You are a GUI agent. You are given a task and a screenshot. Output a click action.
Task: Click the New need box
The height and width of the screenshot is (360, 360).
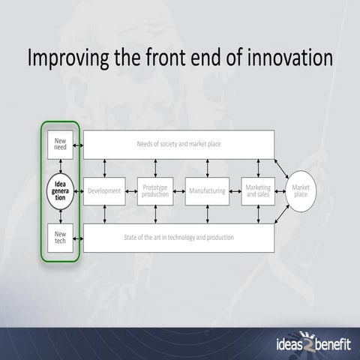click(61, 143)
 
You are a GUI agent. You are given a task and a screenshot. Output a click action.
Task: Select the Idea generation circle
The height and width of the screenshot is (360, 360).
click(61, 190)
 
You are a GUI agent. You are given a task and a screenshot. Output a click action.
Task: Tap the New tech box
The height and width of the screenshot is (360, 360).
click(61, 238)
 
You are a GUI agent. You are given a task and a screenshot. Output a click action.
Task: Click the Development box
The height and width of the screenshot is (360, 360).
click(103, 191)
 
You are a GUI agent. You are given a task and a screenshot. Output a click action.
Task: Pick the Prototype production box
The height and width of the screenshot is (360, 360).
click(155, 191)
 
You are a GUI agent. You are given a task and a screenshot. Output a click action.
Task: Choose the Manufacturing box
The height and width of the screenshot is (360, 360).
click(206, 191)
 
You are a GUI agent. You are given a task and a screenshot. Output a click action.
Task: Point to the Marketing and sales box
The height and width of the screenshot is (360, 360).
click(258, 191)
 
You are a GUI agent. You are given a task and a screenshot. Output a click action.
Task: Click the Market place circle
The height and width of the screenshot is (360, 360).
click(300, 190)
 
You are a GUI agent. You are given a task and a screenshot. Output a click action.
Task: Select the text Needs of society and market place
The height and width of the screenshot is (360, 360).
click(178, 144)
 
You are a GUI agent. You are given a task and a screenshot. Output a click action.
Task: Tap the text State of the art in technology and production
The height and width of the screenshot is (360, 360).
click(178, 238)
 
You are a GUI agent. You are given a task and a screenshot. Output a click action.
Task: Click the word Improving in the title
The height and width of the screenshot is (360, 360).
click(68, 58)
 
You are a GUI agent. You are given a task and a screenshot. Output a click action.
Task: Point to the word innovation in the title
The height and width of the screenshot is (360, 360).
click(283, 58)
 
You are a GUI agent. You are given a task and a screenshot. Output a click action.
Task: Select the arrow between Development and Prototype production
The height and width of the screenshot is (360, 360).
click(130, 191)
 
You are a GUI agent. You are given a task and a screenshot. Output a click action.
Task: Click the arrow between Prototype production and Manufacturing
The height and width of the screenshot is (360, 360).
click(180, 191)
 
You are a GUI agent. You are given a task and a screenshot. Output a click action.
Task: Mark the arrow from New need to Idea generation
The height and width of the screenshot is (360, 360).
click(61, 166)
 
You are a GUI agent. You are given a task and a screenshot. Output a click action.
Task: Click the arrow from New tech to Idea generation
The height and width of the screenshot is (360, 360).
click(61, 216)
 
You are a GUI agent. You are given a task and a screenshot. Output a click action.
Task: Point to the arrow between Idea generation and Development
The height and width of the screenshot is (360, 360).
click(80, 191)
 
